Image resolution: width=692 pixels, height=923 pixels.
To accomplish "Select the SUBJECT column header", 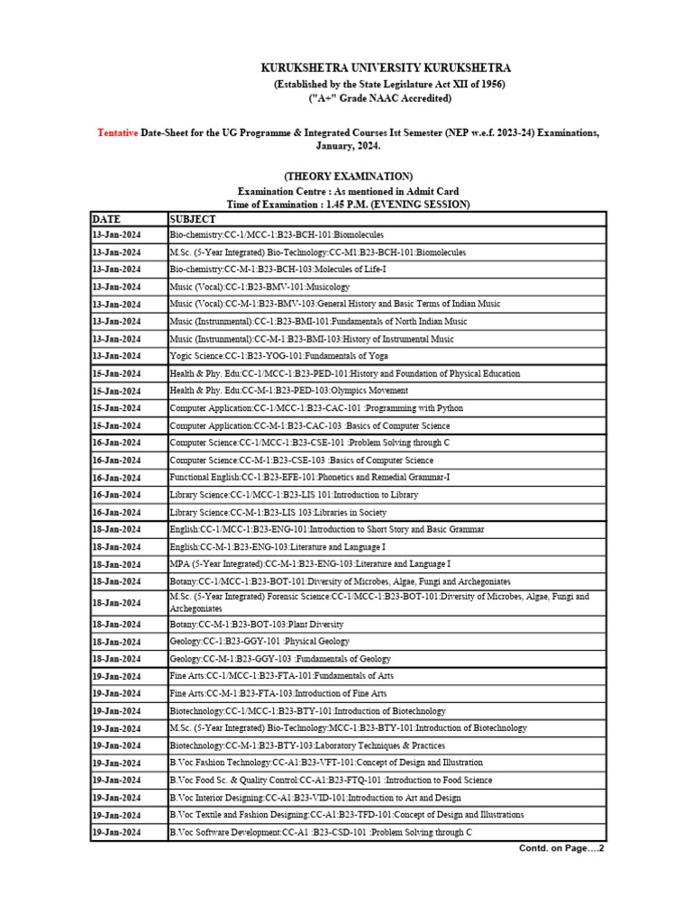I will [x=193, y=218].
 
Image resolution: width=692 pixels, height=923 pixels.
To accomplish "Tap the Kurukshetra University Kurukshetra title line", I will [x=386, y=69].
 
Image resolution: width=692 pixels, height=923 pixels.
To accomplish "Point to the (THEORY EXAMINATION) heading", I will [x=348, y=176].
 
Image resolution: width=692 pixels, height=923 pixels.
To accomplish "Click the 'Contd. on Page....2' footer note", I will [x=561, y=849].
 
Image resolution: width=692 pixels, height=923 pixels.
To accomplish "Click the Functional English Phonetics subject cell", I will [x=310, y=478].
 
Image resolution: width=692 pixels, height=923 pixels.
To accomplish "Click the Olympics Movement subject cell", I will [x=288, y=391].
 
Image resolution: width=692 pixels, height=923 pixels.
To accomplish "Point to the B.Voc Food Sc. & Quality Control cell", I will [x=331, y=780].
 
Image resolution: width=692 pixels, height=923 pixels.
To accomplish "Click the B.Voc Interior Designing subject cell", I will [x=315, y=798].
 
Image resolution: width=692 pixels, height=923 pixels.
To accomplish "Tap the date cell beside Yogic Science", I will [x=115, y=356].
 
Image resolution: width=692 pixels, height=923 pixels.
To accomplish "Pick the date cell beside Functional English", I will [x=115, y=478].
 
